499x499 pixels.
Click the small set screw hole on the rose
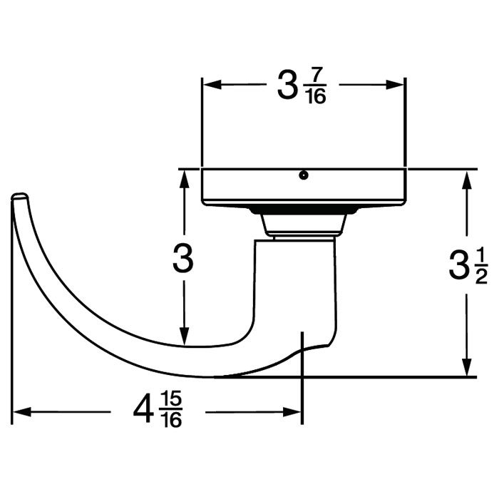[x=304, y=175]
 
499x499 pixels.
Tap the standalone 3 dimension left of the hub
[x=184, y=260]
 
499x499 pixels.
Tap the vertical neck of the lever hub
[x=296, y=285]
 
